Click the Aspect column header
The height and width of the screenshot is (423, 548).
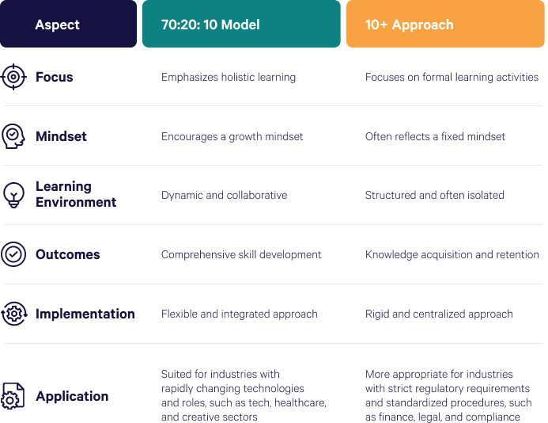(x=68, y=24)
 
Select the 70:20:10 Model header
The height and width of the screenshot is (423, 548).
(x=241, y=24)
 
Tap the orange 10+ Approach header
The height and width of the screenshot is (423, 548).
(x=445, y=24)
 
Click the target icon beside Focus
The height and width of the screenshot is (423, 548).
(x=13, y=77)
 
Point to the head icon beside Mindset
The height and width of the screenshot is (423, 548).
(x=13, y=136)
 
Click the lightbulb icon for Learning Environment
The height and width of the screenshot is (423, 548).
(x=13, y=195)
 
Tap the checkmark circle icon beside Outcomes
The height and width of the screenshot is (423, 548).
(x=13, y=254)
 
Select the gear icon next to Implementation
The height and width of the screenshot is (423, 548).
(x=14, y=314)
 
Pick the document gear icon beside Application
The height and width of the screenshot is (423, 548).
(x=13, y=396)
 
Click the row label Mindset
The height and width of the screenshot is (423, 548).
(x=61, y=136)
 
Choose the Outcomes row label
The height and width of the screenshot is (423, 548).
(x=68, y=254)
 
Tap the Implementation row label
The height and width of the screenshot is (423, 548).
(x=85, y=314)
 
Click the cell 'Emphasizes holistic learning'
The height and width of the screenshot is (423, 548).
(x=229, y=77)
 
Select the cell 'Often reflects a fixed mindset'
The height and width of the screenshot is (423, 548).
(x=435, y=136)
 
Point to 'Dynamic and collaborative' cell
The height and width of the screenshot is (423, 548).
(x=224, y=195)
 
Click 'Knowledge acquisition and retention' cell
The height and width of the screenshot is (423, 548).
(x=452, y=254)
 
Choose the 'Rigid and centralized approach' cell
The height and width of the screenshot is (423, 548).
(x=439, y=314)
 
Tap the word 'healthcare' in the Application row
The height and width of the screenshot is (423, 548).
(x=300, y=402)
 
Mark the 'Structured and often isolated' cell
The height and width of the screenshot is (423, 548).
(x=434, y=195)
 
